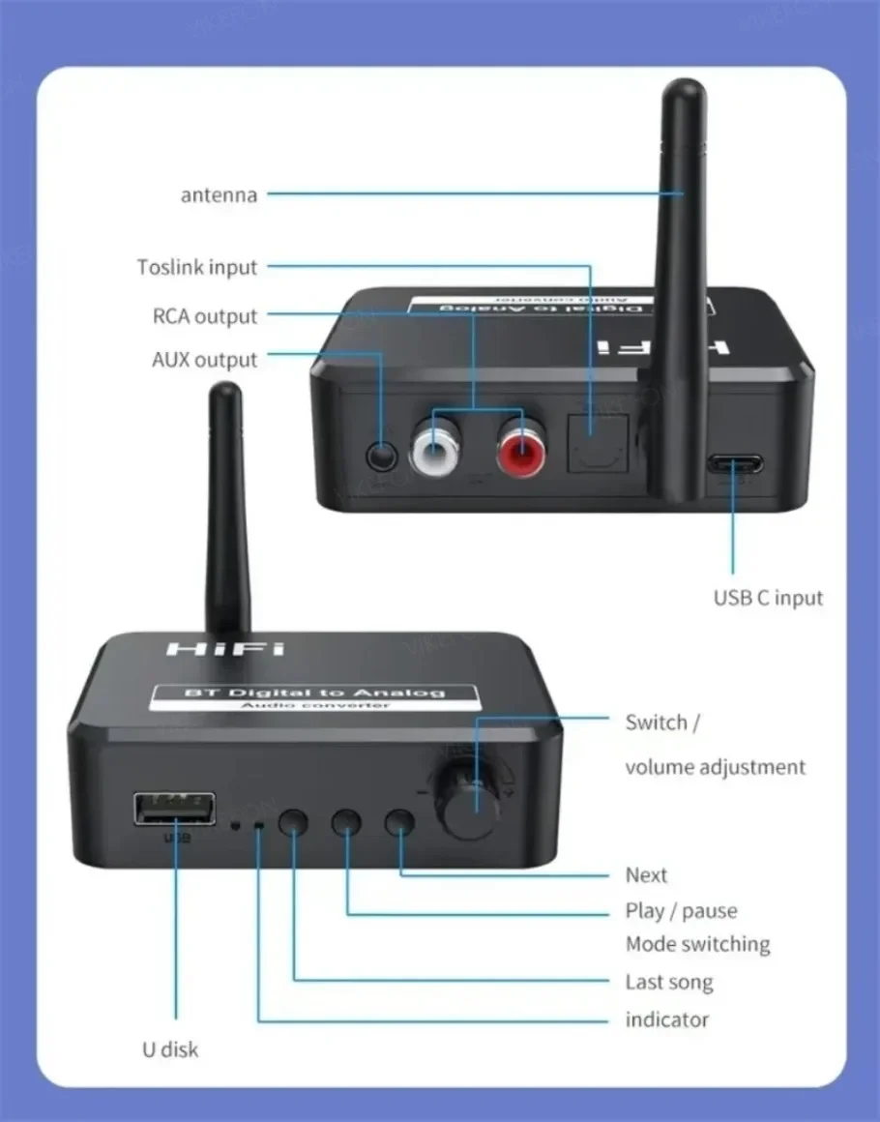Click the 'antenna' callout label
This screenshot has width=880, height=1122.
coord(220,194)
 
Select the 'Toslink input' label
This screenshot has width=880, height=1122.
coord(197,267)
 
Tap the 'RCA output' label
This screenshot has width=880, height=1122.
coord(205,316)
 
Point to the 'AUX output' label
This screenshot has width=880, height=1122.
coord(205,360)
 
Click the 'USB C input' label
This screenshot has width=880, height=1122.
coord(768,597)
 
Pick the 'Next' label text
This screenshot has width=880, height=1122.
coord(646,875)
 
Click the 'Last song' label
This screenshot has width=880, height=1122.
coord(668,983)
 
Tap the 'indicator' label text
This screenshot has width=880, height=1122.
coord(666,1019)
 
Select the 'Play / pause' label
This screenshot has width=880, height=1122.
coord(680,911)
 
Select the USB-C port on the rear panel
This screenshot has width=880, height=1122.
coord(732,464)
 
